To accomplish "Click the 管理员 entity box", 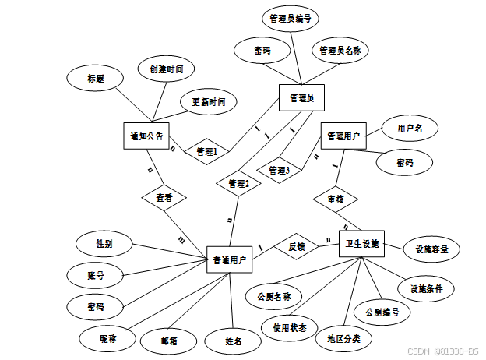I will coord(301,98).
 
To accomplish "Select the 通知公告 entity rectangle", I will coord(146,136).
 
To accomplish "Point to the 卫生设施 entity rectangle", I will coord(362,245).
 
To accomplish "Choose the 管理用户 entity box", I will coord(343,136).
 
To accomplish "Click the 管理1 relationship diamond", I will coord(206,150).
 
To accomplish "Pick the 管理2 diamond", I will coord(238,184).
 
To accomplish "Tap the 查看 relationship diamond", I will coord(164,198).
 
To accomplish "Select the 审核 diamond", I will coord(335,199).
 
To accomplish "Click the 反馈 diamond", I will coord(297,246).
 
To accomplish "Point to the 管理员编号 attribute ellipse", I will coord(290,18).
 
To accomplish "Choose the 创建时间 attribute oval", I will coord(166,69).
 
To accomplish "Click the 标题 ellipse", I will coord(95,79).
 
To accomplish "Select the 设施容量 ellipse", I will coord(431,249).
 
